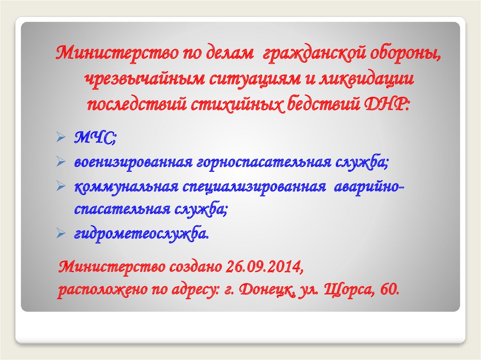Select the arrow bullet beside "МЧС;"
[x=60, y=139]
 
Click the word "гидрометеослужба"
[x=140, y=233]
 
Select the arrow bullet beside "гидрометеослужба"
[x=60, y=233]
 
